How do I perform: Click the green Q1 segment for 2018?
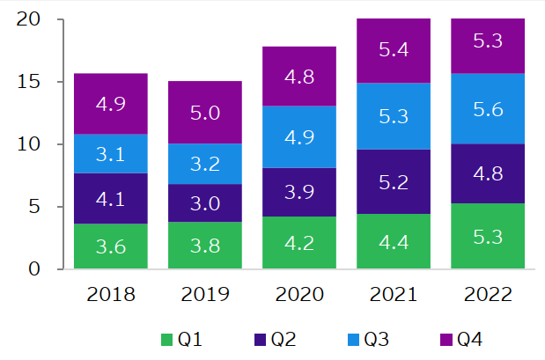tap(110, 246)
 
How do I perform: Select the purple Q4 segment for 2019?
tap(204, 112)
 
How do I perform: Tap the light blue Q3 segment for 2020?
tap(299, 136)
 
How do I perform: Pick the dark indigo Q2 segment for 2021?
tap(394, 181)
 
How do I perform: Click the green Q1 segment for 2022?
tap(488, 236)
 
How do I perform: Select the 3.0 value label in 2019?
tap(204, 203)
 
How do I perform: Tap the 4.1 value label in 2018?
tap(110, 199)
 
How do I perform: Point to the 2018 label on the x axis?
tap(110, 293)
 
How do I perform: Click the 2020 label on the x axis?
tap(299, 293)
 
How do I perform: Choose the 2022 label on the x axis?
tap(488, 293)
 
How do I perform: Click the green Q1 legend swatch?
tap(166, 339)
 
